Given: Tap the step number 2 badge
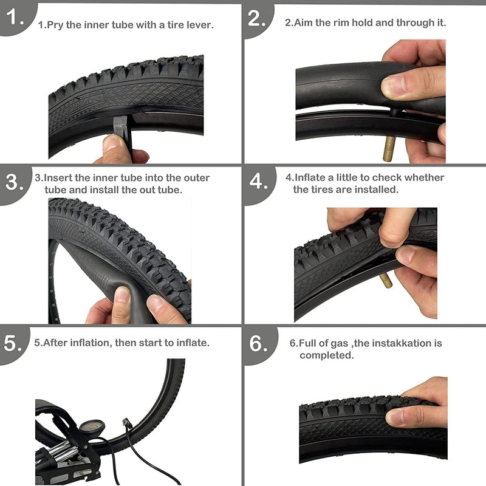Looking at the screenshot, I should pos(258,18).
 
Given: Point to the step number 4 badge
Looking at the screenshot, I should pos(258,182).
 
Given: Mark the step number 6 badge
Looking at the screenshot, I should pos(258,343).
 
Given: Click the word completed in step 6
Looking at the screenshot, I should pos(326,355).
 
